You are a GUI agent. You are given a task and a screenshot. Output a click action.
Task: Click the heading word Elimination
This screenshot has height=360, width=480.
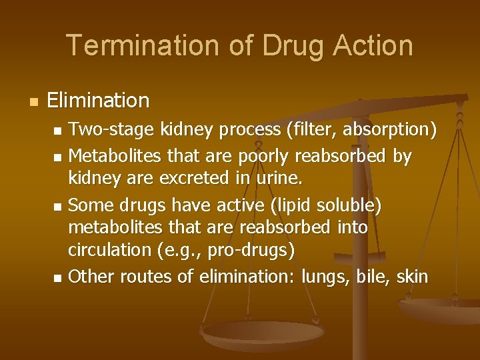coord(99,101)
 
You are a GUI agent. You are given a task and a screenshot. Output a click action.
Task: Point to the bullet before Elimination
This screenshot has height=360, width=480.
coord(33,102)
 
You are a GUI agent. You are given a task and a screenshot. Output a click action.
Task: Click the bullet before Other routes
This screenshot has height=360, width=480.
coord(57,277)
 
